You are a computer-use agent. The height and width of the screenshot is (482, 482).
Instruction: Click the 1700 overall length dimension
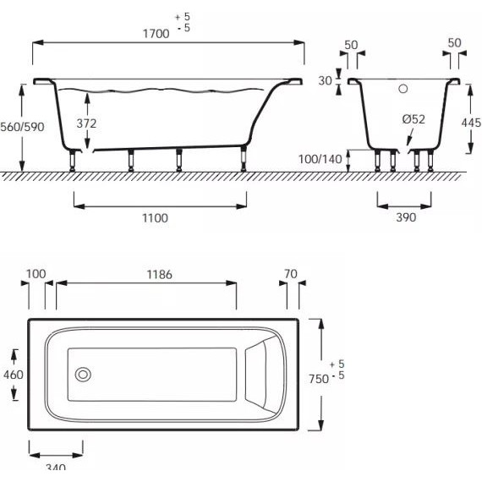(156, 34)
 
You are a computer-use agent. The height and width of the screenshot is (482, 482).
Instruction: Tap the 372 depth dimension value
(86, 123)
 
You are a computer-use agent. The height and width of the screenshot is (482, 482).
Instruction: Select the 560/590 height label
(22, 127)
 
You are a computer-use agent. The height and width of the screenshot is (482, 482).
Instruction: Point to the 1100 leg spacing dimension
(155, 218)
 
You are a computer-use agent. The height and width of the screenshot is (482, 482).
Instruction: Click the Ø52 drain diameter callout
(414, 119)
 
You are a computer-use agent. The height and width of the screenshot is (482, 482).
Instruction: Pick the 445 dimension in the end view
(471, 123)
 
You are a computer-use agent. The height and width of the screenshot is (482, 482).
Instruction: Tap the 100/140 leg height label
(320, 159)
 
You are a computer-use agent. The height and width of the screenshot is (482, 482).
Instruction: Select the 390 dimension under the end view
(406, 217)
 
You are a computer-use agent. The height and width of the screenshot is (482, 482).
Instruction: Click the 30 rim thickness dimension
(325, 81)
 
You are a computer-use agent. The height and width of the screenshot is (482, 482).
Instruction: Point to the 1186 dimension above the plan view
(159, 275)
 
